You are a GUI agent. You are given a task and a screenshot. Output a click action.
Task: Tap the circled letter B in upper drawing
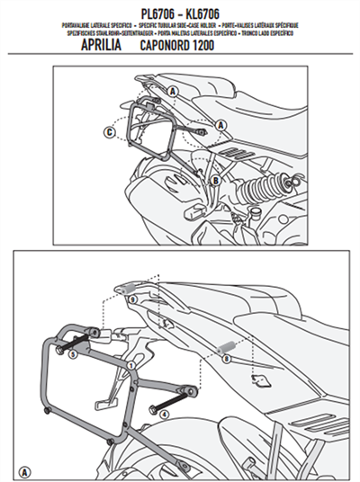tap(216, 181)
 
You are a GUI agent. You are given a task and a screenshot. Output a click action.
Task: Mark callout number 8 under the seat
tap(225, 357)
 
